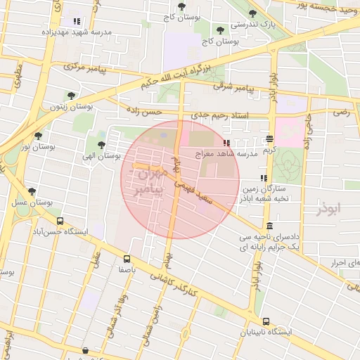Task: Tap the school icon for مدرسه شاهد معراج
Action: coord(226,143)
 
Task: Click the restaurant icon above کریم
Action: coord(270,139)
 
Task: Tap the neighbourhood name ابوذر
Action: coord(328,209)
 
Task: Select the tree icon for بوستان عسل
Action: coord(32,192)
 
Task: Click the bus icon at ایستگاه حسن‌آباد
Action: coord(59,221)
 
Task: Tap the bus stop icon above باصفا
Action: coord(127,258)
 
